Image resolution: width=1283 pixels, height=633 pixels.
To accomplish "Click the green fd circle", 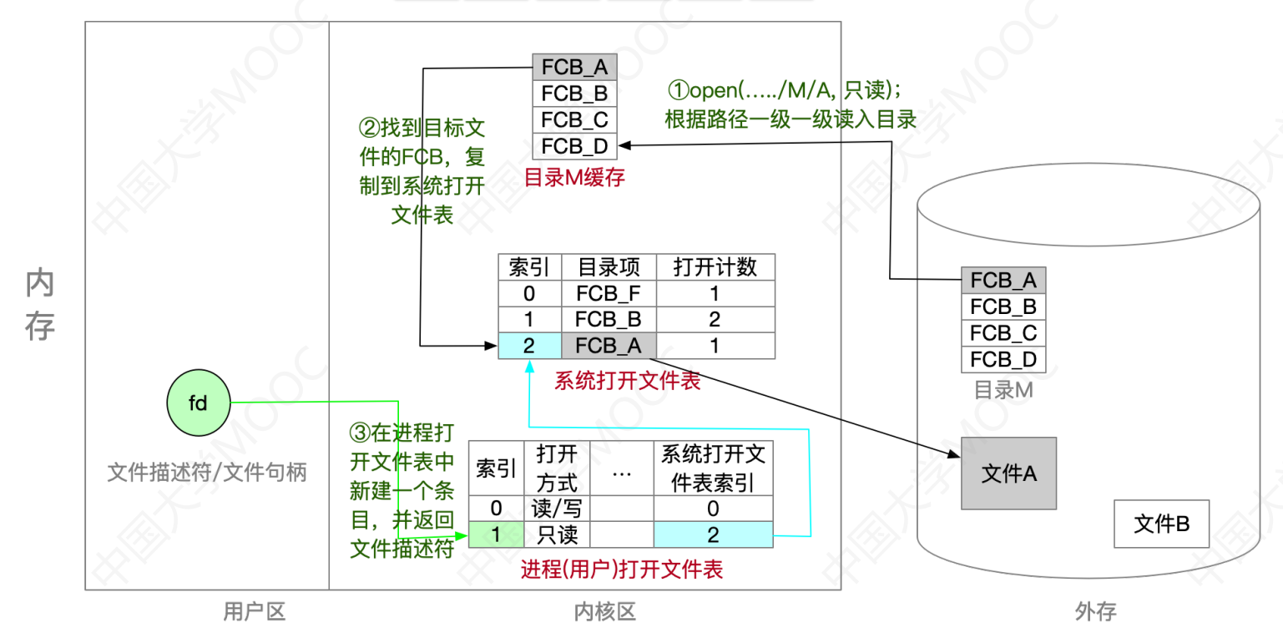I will click(x=198, y=403).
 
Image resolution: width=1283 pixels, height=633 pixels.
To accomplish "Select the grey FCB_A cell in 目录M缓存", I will click(x=574, y=68).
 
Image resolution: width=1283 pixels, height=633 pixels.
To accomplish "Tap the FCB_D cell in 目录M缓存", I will click(x=574, y=145).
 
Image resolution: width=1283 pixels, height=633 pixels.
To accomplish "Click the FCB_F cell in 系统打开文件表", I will click(x=609, y=293).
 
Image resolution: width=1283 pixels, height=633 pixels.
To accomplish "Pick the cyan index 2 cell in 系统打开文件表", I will click(x=529, y=345).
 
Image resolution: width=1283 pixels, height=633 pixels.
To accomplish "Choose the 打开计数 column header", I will click(x=715, y=267).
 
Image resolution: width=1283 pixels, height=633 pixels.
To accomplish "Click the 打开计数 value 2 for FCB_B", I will click(x=715, y=319).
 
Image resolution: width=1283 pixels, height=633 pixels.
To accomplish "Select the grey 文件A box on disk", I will click(x=1008, y=473).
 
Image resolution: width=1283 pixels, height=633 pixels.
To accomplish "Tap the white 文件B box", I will click(x=1161, y=524).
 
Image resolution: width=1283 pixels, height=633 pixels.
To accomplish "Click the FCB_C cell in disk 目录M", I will click(x=1003, y=333).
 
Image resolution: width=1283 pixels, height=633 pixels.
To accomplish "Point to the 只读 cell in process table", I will click(x=555, y=534).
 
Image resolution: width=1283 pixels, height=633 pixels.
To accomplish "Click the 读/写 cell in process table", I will click(x=555, y=508).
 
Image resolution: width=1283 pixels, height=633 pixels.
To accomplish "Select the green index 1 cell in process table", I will click(x=496, y=534).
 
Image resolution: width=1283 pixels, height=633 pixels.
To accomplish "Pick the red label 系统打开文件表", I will click(x=627, y=381).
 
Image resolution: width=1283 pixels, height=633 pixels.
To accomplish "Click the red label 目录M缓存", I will click(x=573, y=178).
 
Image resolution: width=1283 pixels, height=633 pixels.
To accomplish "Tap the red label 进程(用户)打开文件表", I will click(x=622, y=570).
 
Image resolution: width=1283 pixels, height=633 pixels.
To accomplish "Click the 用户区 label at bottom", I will click(x=255, y=612).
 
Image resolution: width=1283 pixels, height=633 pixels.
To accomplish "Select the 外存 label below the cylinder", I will click(x=1095, y=612).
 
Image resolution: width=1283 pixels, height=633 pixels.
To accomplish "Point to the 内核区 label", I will click(x=605, y=612).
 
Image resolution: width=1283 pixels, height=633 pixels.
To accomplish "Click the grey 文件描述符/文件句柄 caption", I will click(x=207, y=473).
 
